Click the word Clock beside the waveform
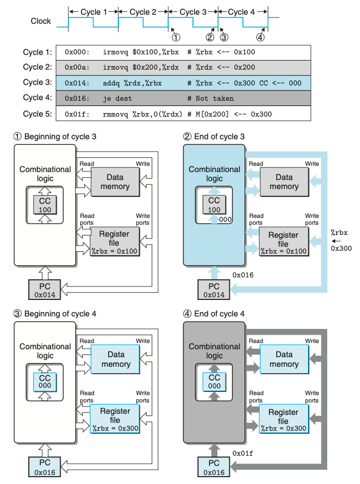(x=41, y=22)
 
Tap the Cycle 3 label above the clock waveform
(x=192, y=11)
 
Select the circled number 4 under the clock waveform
(x=260, y=37)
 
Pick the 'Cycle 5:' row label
(x=38, y=113)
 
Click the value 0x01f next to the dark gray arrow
(x=242, y=453)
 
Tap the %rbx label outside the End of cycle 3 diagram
(x=340, y=232)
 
